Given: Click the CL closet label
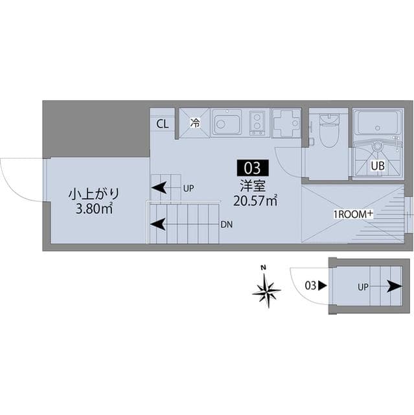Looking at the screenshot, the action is (x=163, y=124).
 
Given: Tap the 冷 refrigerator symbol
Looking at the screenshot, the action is (x=195, y=123).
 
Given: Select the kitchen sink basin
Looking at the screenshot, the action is (x=227, y=123).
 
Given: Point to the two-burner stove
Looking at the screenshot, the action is (x=257, y=123).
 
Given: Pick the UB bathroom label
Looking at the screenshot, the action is (x=378, y=166).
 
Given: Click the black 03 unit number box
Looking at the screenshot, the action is (x=253, y=168).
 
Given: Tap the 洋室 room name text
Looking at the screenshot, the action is (x=253, y=185).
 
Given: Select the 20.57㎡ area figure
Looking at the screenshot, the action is (x=255, y=200).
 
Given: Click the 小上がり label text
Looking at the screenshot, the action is (x=94, y=195).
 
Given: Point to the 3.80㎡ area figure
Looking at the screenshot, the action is (x=94, y=209).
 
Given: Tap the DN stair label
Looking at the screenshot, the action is (x=227, y=225).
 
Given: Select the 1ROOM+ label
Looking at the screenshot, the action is (x=353, y=215).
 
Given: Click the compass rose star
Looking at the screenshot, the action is (x=266, y=291).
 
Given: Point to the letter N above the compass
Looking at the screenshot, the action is (x=263, y=268).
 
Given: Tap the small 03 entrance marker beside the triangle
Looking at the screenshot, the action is (x=310, y=286).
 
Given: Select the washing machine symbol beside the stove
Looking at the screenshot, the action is (x=287, y=123).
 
